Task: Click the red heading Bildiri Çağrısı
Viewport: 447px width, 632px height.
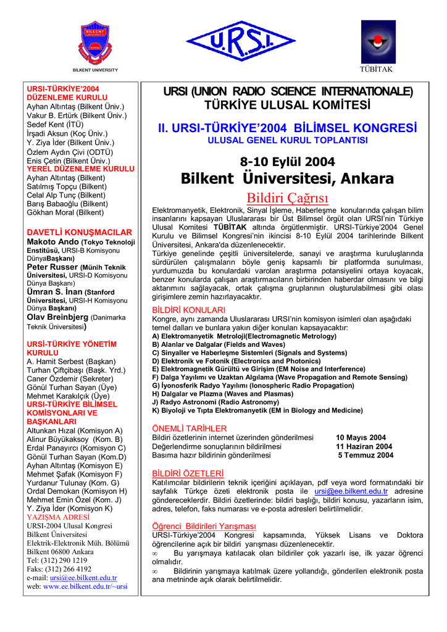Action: point(287,199)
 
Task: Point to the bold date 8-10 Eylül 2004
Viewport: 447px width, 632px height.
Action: point(287,162)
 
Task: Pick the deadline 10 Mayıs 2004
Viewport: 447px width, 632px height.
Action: point(361,438)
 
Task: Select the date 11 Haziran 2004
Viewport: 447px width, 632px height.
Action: point(364,446)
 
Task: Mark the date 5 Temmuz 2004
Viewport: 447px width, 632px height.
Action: point(365,455)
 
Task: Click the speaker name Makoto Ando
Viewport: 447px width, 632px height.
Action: point(51,241)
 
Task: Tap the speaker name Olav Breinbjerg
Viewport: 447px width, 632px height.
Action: point(57,317)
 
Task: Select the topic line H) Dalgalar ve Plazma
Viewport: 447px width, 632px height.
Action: point(214,394)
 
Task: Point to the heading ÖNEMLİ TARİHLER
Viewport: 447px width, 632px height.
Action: point(189,428)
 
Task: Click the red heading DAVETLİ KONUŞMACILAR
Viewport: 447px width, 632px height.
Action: point(79,232)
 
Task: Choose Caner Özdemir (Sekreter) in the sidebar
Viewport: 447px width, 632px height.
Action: point(69,378)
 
